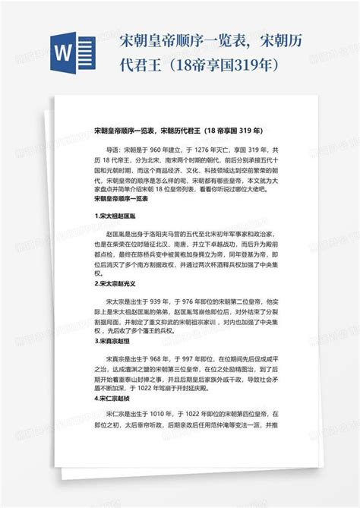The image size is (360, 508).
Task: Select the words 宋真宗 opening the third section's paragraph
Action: pos(118,359)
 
